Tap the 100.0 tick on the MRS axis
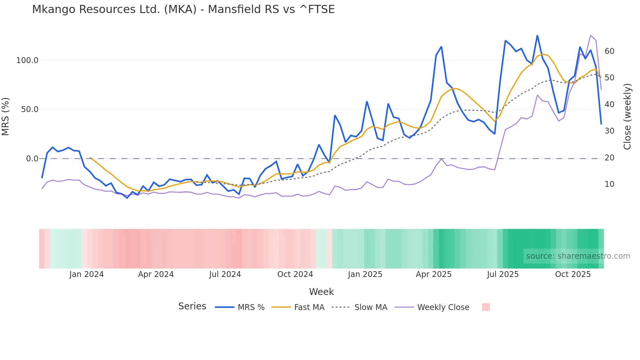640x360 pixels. pyautogui.click(x=27, y=60)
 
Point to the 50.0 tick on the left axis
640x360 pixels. pyautogui.click(x=30, y=109)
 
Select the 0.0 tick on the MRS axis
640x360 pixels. pyautogui.click(x=32, y=159)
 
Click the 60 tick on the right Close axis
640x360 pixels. pyautogui.click(x=609, y=51)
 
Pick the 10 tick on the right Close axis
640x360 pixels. pyautogui.click(x=609, y=184)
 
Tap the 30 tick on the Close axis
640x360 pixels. pyautogui.click(x=609, y=131)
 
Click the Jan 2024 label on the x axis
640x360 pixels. pyautogui.click(x=87, y=274)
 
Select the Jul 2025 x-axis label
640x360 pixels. pyautogui.click(x=503, y=274)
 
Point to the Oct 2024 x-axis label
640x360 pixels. pyautogui.click(x=295, y=274)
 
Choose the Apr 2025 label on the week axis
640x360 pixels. pyautogui.click(x=434, y=274)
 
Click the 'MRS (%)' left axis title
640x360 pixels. pyautogui.click(x=6, y=116)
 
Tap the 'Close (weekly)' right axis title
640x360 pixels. pyautogui.click(x=627, y=117)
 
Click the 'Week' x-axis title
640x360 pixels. pyautogui.click(x=321, y=292)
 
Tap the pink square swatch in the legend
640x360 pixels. pyautogui.click(x=486, y=307)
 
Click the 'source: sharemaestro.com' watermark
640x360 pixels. pyautogui.click(x=578, y=256)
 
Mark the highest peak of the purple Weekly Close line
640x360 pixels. pyautogui.click(x=591, y=35)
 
